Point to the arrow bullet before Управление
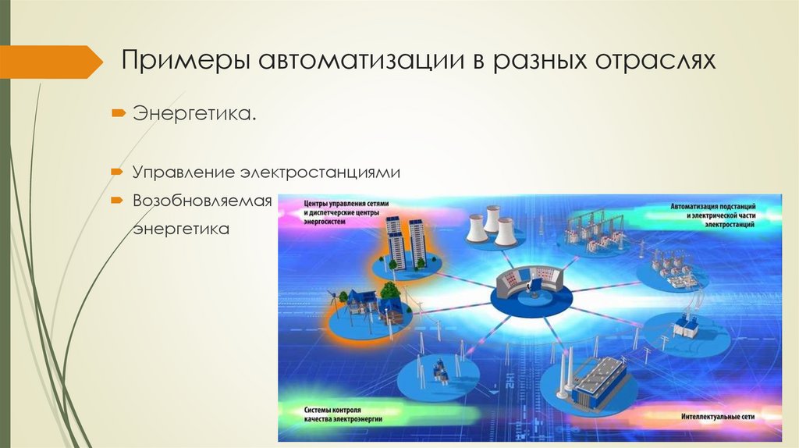116,170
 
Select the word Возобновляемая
201,201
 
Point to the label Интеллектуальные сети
717,414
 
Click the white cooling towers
491,225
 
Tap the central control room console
533,283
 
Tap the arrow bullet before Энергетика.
116,115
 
